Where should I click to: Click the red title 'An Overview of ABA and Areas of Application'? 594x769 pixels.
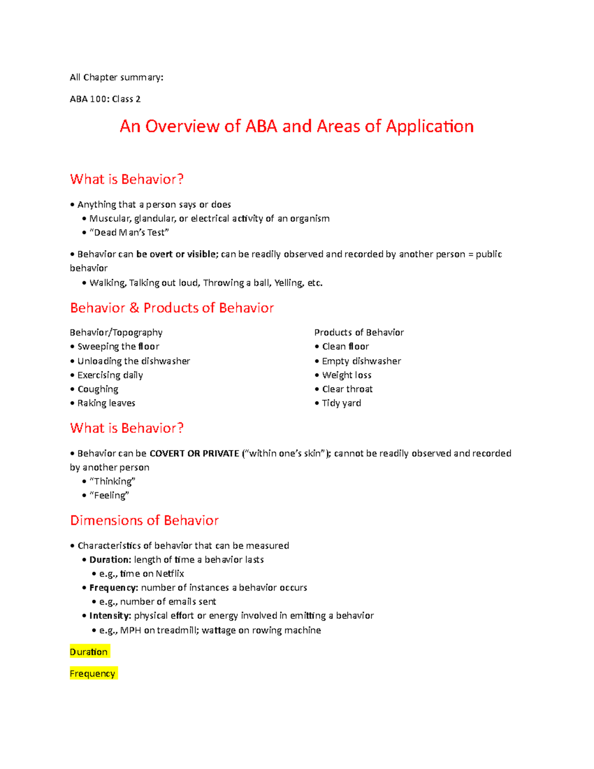(x=297, y=126)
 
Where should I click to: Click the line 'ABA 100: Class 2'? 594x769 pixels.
(x=105, y=99)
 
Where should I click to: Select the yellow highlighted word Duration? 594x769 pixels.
(x=89, y=652)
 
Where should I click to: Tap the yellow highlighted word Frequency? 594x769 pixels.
(x=93, y=673)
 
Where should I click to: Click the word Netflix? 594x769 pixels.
(x=170, y=573)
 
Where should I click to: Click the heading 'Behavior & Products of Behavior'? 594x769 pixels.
(x=172, y=308)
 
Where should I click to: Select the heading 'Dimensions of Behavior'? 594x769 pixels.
(x=144, y=520)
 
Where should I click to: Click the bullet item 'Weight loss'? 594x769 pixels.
(x=346, y=375)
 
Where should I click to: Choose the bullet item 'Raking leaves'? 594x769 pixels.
(x=106, y=403)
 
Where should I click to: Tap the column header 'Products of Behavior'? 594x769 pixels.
(x=359, y=332)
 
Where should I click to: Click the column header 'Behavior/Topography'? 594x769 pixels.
(x=116, y=332)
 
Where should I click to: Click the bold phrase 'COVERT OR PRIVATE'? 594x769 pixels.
(x=194, y=453)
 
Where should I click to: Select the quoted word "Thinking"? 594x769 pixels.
(x=112, y=481)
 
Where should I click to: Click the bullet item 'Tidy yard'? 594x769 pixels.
(x=342, y=403)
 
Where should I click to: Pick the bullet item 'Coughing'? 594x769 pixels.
(x=98, y=389)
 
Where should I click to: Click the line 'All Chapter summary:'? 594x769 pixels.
(x=116, y=77)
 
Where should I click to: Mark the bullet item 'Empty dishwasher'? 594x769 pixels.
(x=361, y=361)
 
